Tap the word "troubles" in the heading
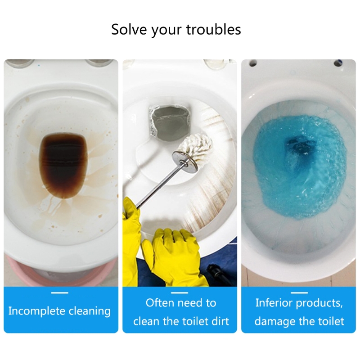[213, 29]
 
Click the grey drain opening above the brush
[170, 122]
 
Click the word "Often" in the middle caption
[161, 303]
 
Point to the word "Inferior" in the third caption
[274, 303]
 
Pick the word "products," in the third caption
[319, 303]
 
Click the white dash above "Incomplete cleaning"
[60, 293]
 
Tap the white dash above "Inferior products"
[299, 293]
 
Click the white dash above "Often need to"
[180, 293]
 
